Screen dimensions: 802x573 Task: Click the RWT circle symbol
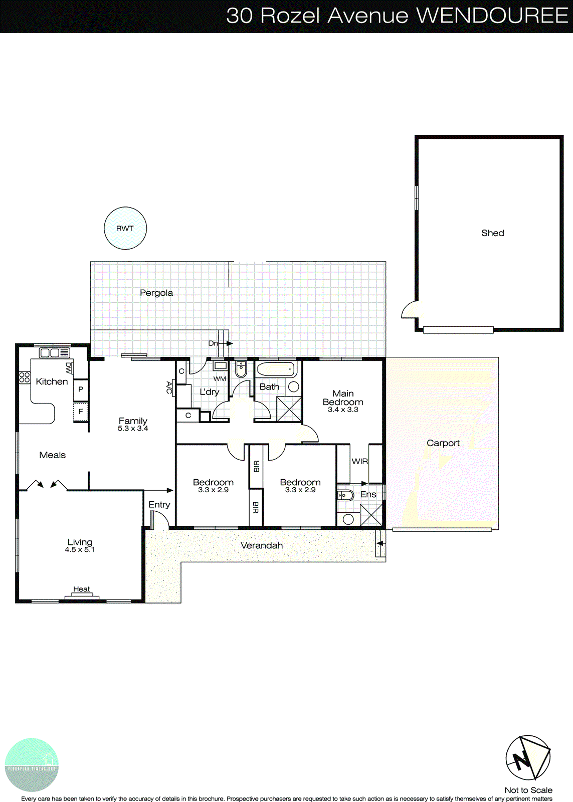coord(125,228)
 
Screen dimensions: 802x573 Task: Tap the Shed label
coord(492,233)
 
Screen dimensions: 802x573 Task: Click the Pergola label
coord(156,293)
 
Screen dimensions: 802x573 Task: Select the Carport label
coord(443,443)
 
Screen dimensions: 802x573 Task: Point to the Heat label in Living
coord(82,589)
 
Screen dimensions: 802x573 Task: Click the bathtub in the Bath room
coord(276,370)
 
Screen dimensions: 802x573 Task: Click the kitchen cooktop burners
coord(25,377)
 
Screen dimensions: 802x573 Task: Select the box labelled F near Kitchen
coord(81,412)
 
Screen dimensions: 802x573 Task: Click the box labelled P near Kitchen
coord(81,389)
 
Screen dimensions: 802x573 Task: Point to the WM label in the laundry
coord(220,378)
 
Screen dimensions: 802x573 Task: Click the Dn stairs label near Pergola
coord(214,343)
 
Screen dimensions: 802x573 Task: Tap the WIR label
coord(359,461)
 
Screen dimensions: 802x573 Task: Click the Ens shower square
coord(371,515)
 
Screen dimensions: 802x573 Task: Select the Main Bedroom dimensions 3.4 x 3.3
coord(343,410)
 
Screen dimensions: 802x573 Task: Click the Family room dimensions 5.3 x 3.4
coord(133,429)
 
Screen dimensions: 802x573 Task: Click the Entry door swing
coord(159,521)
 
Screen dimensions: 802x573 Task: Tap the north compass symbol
coord(528,758)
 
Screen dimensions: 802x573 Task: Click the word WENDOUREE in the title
coord(492,16)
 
